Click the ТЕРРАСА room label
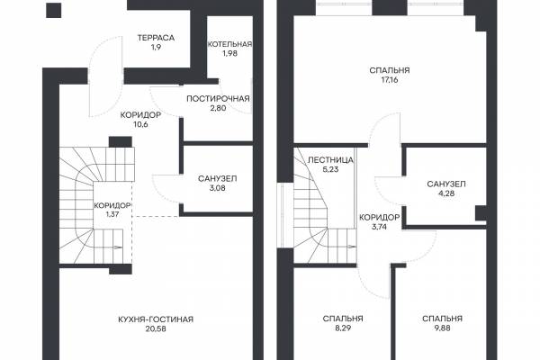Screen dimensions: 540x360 (156, 38)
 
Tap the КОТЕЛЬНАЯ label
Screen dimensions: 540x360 (229, 44)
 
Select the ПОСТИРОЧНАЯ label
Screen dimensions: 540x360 (218, 99)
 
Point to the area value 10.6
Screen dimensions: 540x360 (140, 124)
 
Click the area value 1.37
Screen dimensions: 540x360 (112, 214)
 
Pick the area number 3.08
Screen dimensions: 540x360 (217, 188)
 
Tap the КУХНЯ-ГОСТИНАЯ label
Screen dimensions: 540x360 (156, 319)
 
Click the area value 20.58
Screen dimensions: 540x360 (156, 329)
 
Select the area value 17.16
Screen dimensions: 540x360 (390, 80)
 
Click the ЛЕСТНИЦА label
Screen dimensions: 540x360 (330, 160)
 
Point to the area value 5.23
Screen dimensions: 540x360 (330, 169)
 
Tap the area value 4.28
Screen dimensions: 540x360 (446, 193)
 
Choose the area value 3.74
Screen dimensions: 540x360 (379, 227)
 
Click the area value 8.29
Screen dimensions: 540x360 (343, 328)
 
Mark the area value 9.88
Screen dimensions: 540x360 (442, 328)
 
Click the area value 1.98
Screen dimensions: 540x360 (229, 54)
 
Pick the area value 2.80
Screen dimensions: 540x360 (218, 108)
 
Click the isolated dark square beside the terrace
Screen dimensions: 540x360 (54, 10)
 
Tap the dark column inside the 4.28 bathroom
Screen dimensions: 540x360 (481, 213)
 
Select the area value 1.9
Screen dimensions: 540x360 (156, 47)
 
